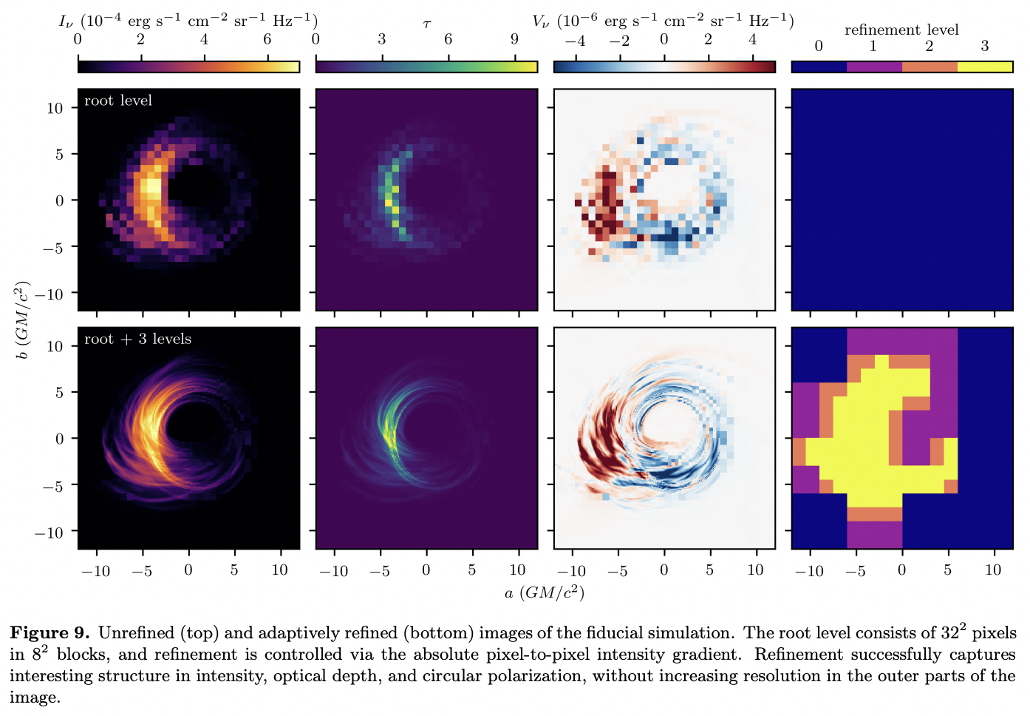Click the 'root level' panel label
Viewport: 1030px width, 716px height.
coord(118,101)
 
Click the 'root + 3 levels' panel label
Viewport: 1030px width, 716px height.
coord(137,339)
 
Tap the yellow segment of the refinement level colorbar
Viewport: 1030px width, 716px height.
coord(985,67)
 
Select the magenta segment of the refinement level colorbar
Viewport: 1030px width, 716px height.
coord(874,67)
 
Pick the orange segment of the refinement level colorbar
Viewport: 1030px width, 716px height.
coord(930,67)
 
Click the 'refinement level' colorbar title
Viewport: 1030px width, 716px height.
coord(901,30)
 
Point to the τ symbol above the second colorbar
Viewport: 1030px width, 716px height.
coord(427,24)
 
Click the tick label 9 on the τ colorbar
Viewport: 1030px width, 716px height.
coord(515,39)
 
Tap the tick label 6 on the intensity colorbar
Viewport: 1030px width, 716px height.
coord(267,39)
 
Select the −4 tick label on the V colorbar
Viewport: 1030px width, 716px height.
coord(575,40)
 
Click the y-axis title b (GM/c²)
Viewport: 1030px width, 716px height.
coord(23,320)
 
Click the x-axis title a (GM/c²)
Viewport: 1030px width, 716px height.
coord(545,592)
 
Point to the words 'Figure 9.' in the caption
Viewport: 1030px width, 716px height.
coord(50,633)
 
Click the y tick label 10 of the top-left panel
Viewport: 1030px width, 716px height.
coord(55,108)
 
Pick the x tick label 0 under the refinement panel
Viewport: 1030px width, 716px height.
coord(901,570)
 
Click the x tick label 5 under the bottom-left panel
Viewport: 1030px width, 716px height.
coord(234,570)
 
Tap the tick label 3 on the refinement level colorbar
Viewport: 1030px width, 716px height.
coord(985,46)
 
